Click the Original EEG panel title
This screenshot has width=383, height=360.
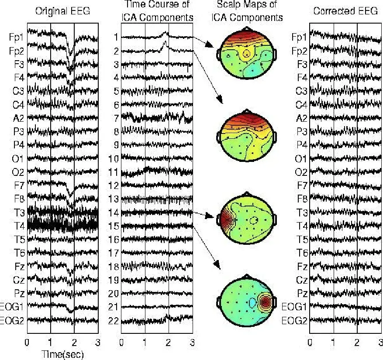tap(62, 11)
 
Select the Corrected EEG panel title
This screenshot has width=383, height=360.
tap(345, 11)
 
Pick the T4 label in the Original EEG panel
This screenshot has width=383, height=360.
tap(17, 226)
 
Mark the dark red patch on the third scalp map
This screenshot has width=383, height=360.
tap(226, 216)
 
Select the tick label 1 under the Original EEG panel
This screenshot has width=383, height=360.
tap(51, 342)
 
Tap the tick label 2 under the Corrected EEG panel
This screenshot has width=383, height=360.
tap(357, 342)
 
